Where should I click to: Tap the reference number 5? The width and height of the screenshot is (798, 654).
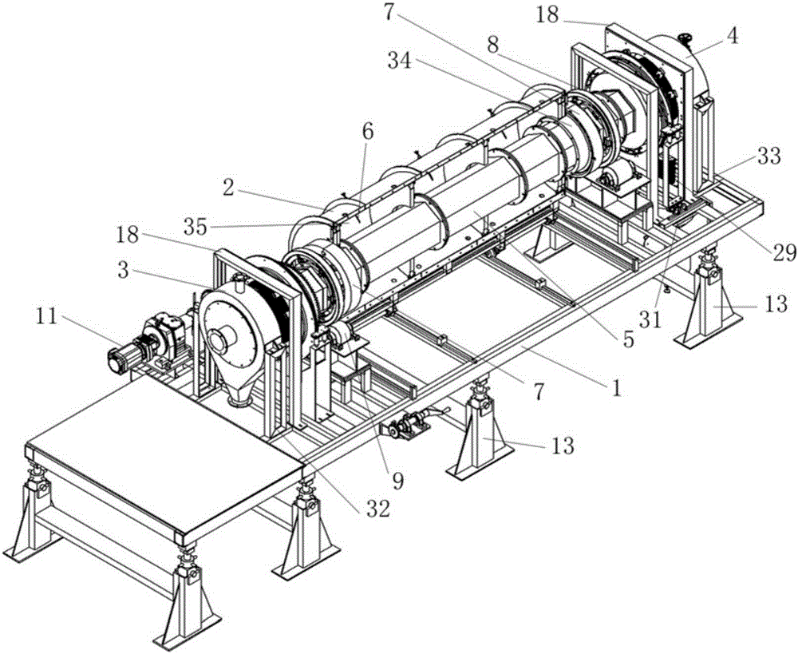coord(628,339)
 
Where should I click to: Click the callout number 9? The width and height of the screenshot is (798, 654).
coord(397,482)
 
